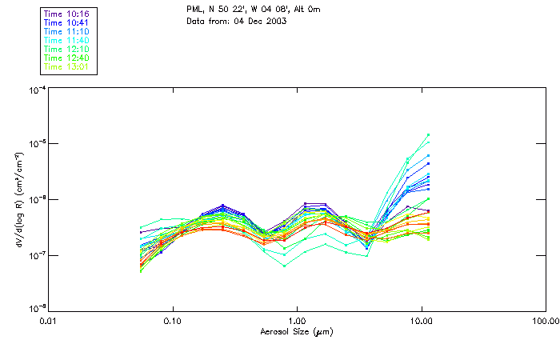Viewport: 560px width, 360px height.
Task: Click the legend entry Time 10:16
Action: click(x=67, y=14)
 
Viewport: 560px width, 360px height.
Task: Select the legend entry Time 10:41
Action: click(x=67, y=22)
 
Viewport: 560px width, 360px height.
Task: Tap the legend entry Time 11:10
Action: click(x=67, y=31)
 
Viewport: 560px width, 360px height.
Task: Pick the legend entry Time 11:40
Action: click(x=67, y=40)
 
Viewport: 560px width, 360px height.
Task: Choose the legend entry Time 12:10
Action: click(x=67, y=49)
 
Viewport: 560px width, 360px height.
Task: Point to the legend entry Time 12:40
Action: click(x=67, y=58)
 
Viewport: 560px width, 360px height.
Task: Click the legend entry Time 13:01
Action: click(x=67, y=66)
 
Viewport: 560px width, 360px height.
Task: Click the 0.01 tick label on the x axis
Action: click(x=48, y=320)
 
